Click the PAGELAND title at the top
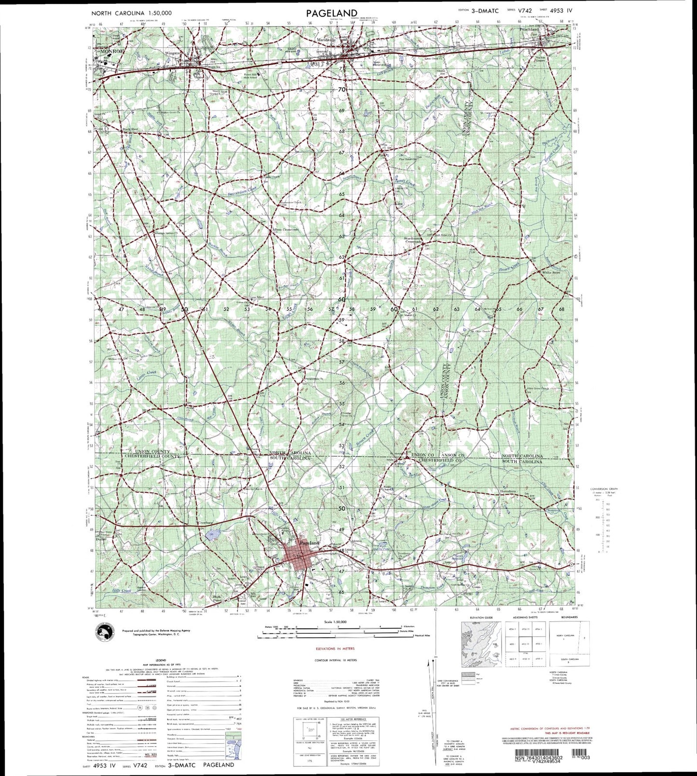(331, 13)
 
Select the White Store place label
(551, 272)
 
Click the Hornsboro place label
(506, 491)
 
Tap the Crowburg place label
(205, 523)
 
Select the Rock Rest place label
(130, 129)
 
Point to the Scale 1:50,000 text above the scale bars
(336, 622)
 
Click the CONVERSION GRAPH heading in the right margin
(604, 489)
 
